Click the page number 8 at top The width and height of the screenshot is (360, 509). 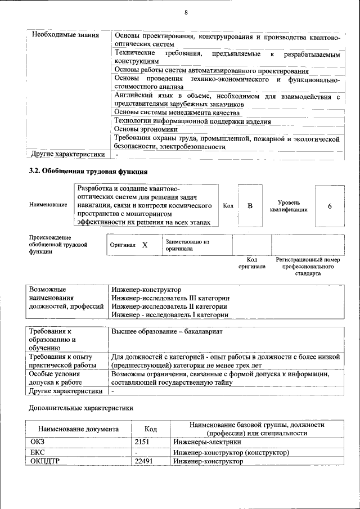click(185, 13)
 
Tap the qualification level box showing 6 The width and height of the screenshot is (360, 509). click(330, 206)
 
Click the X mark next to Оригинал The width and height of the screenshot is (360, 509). click(145, 245)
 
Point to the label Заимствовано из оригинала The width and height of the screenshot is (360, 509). click(187, 245)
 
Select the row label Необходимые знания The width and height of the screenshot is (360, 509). click(65, 35)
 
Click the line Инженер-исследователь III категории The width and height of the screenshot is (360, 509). click(170, 298)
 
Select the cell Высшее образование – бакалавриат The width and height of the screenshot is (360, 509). click(167, 332)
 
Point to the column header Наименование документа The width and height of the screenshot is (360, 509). click(78, 429)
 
